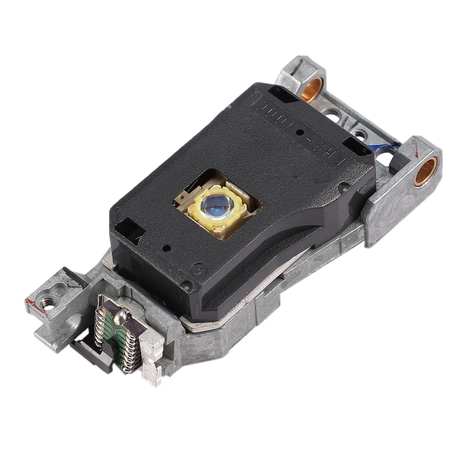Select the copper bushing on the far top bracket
coord(312,90)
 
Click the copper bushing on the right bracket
coord(426,171)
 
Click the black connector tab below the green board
coord(92,353)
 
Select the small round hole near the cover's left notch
coord(166,248)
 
